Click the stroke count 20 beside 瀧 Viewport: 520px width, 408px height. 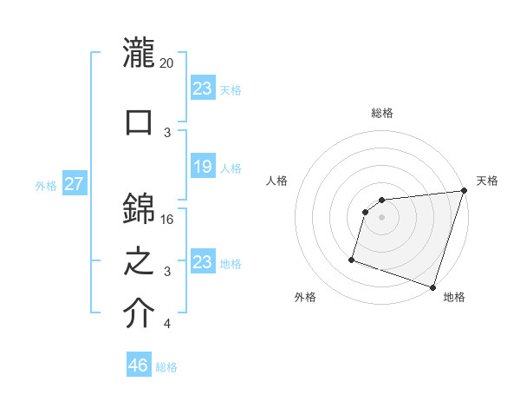click(x=167, y=63)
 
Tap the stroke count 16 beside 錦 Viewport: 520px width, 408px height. click(x=167, y=219)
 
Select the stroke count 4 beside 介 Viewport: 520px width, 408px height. click(x=167, y=325)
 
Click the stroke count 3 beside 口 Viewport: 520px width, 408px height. click(x=167, y=132)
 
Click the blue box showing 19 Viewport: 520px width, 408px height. click(x=202, y=167)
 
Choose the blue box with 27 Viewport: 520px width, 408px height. click(x=74, y=184)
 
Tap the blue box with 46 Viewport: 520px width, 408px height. click(x=139, y=365)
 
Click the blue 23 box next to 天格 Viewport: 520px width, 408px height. click(x=202, y=89)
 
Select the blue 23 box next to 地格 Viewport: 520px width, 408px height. click(x=202, y=262)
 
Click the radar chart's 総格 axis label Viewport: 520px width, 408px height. click(x=382, y=113)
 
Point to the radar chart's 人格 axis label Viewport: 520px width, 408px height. click(x=277, y=181)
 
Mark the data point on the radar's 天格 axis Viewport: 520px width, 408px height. click(x=464, y=192)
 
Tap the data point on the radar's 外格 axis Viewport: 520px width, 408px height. click(x=352, y=259)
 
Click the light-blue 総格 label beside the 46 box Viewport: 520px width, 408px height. click(x=166, y=367)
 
